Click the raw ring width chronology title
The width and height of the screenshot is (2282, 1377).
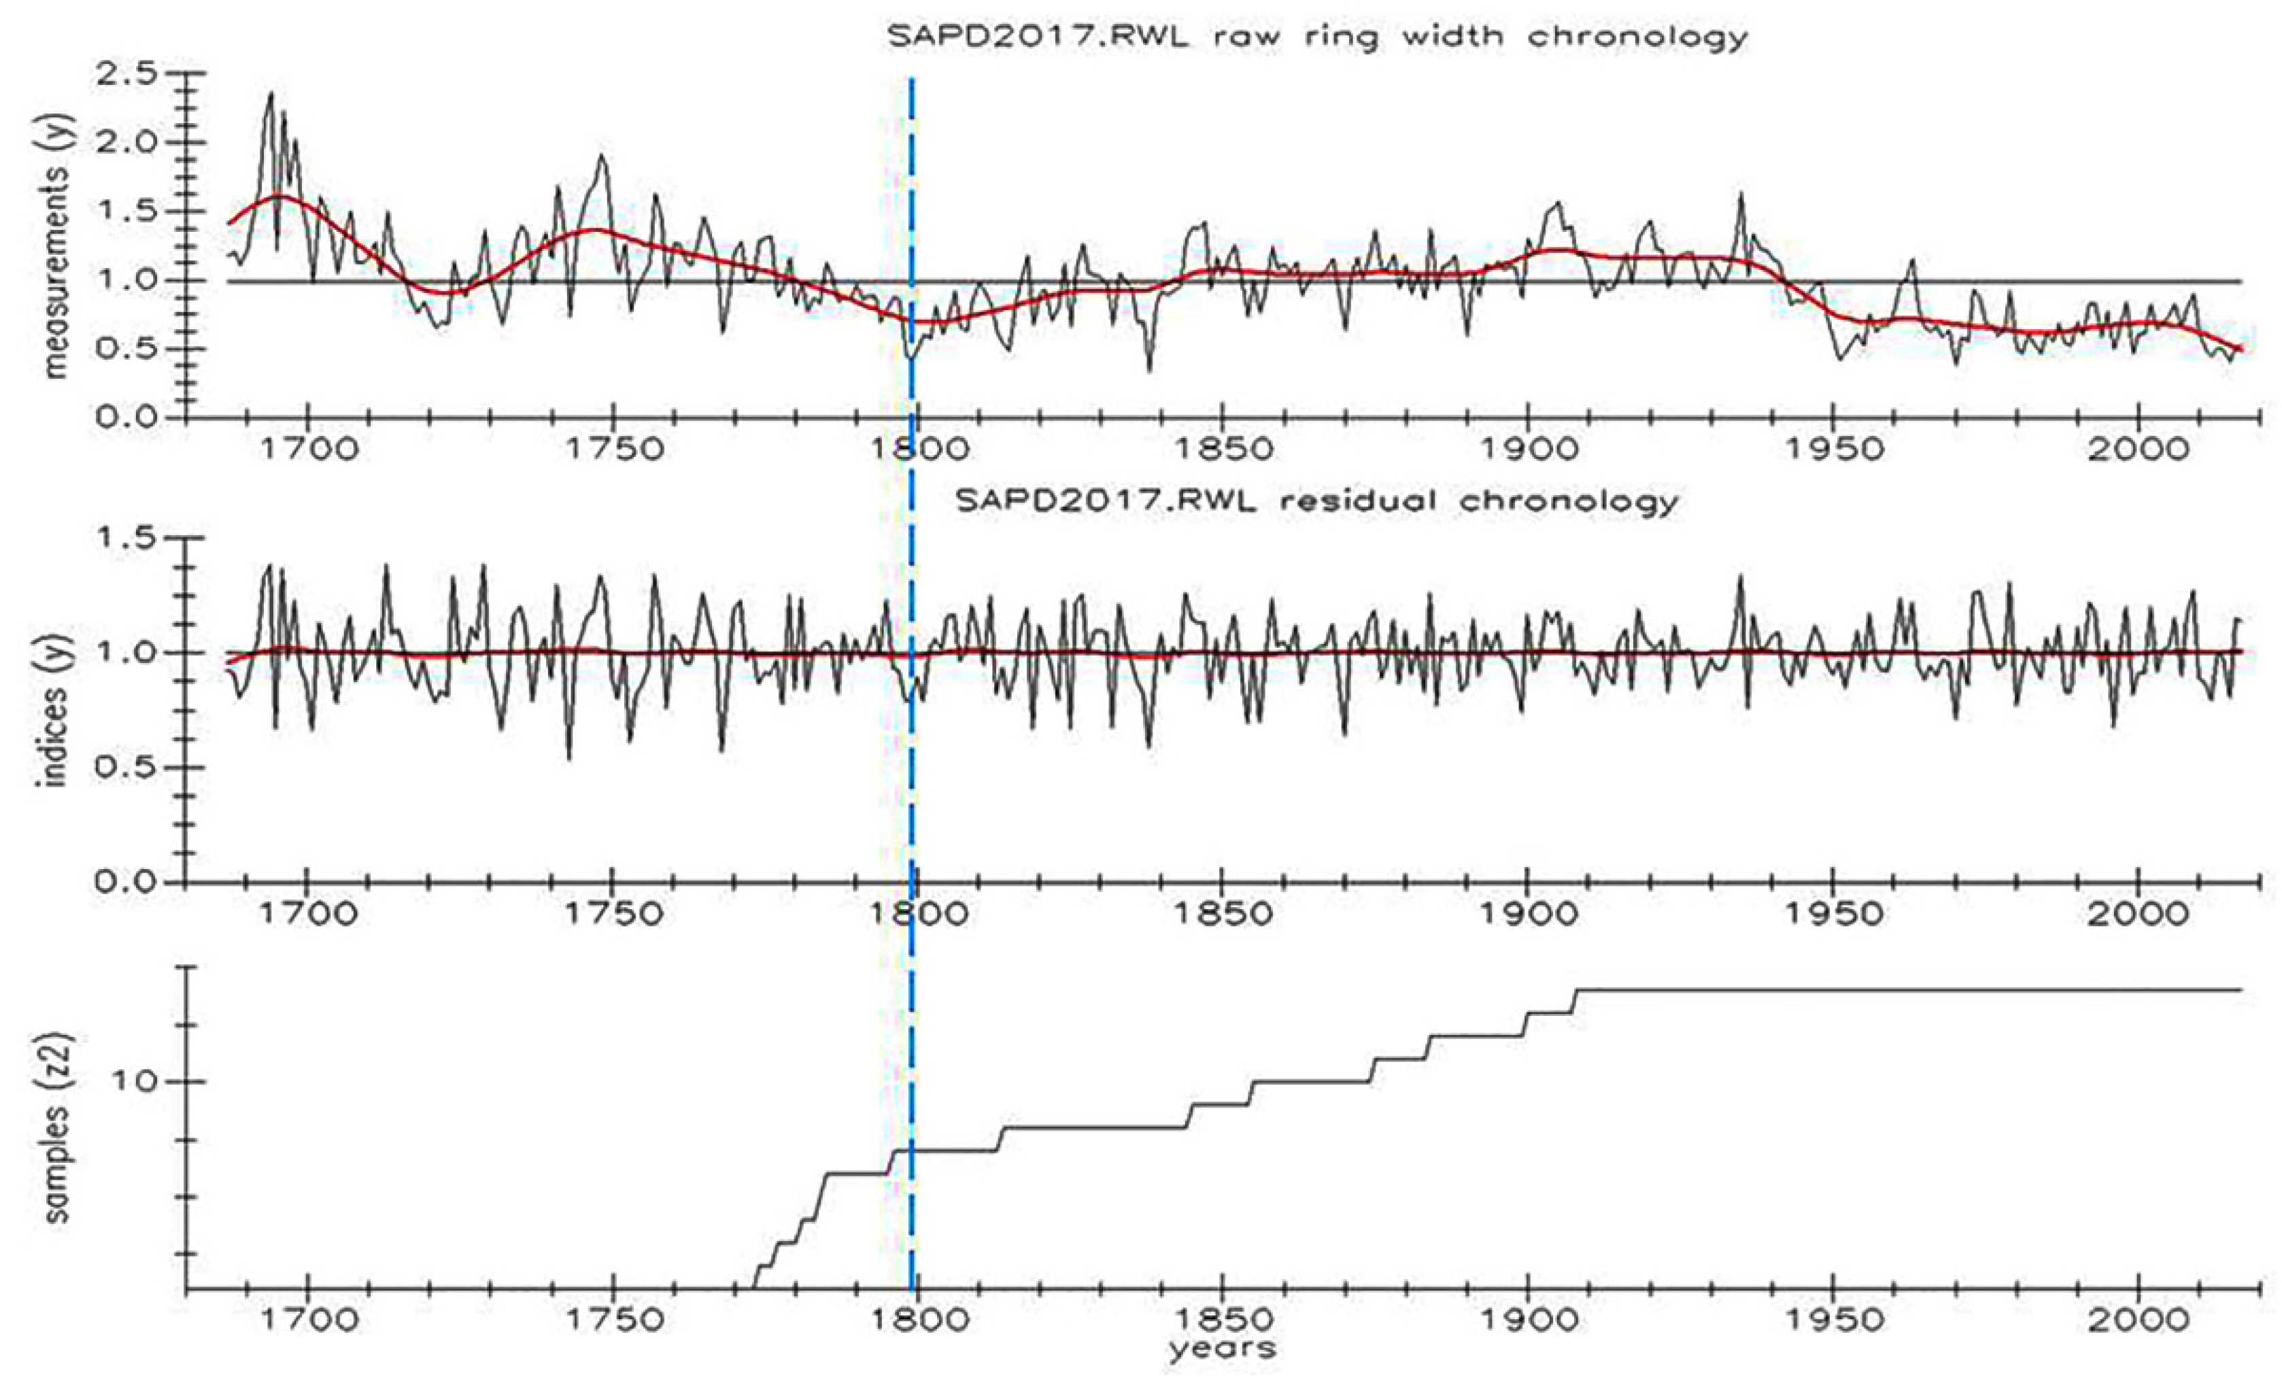tap(1316, 36)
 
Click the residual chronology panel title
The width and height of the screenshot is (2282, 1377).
tap(1316, 501)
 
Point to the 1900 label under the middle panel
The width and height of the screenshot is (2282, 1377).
tap(1527, 915)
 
